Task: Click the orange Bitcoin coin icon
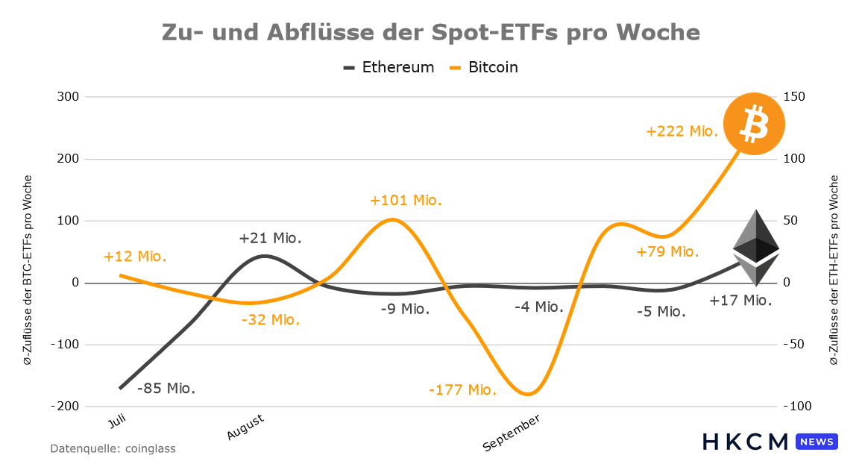tap(754, 124)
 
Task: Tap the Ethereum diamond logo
tap(756, 248)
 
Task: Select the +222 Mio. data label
tap(682, 131)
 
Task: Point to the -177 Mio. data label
tap(462, 390)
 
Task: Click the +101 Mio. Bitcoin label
tap(406, 200)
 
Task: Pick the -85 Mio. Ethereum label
tap(166, 388)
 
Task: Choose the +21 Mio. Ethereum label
tap(271, 238)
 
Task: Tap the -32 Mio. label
tap(271, 319)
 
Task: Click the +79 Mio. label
tap(667, 252)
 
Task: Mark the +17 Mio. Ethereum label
tap(740, 300)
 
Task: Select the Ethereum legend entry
tap(388, 68)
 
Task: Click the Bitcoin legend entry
tap(484, 68)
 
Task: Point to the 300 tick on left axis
tap(68, 97)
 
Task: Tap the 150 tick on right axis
tap(794, 97)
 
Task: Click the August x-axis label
tap(246, 427)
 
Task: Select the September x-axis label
tap(512, 433)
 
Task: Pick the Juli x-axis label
tap(117, 421)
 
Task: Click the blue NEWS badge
tap(817, 442)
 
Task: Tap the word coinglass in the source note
tap(151, 448)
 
